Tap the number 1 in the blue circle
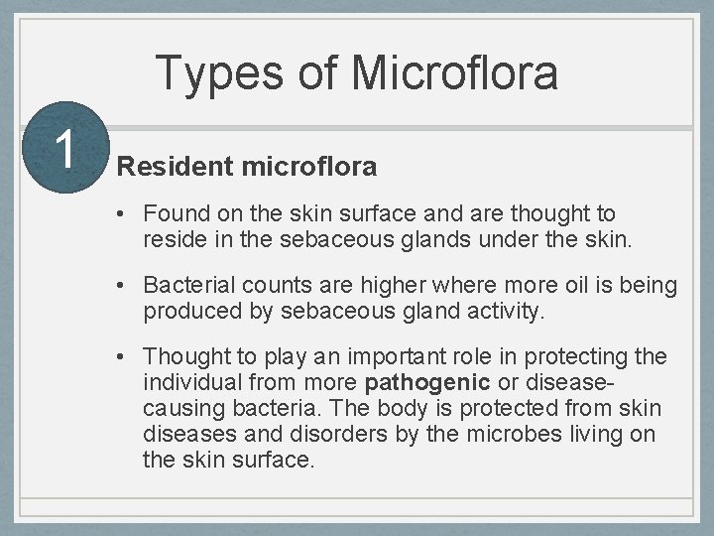click(x=64, y=149)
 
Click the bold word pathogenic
click(x=427, y=382)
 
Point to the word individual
click(x=194, y=382)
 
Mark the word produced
click(x=189, y=311)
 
